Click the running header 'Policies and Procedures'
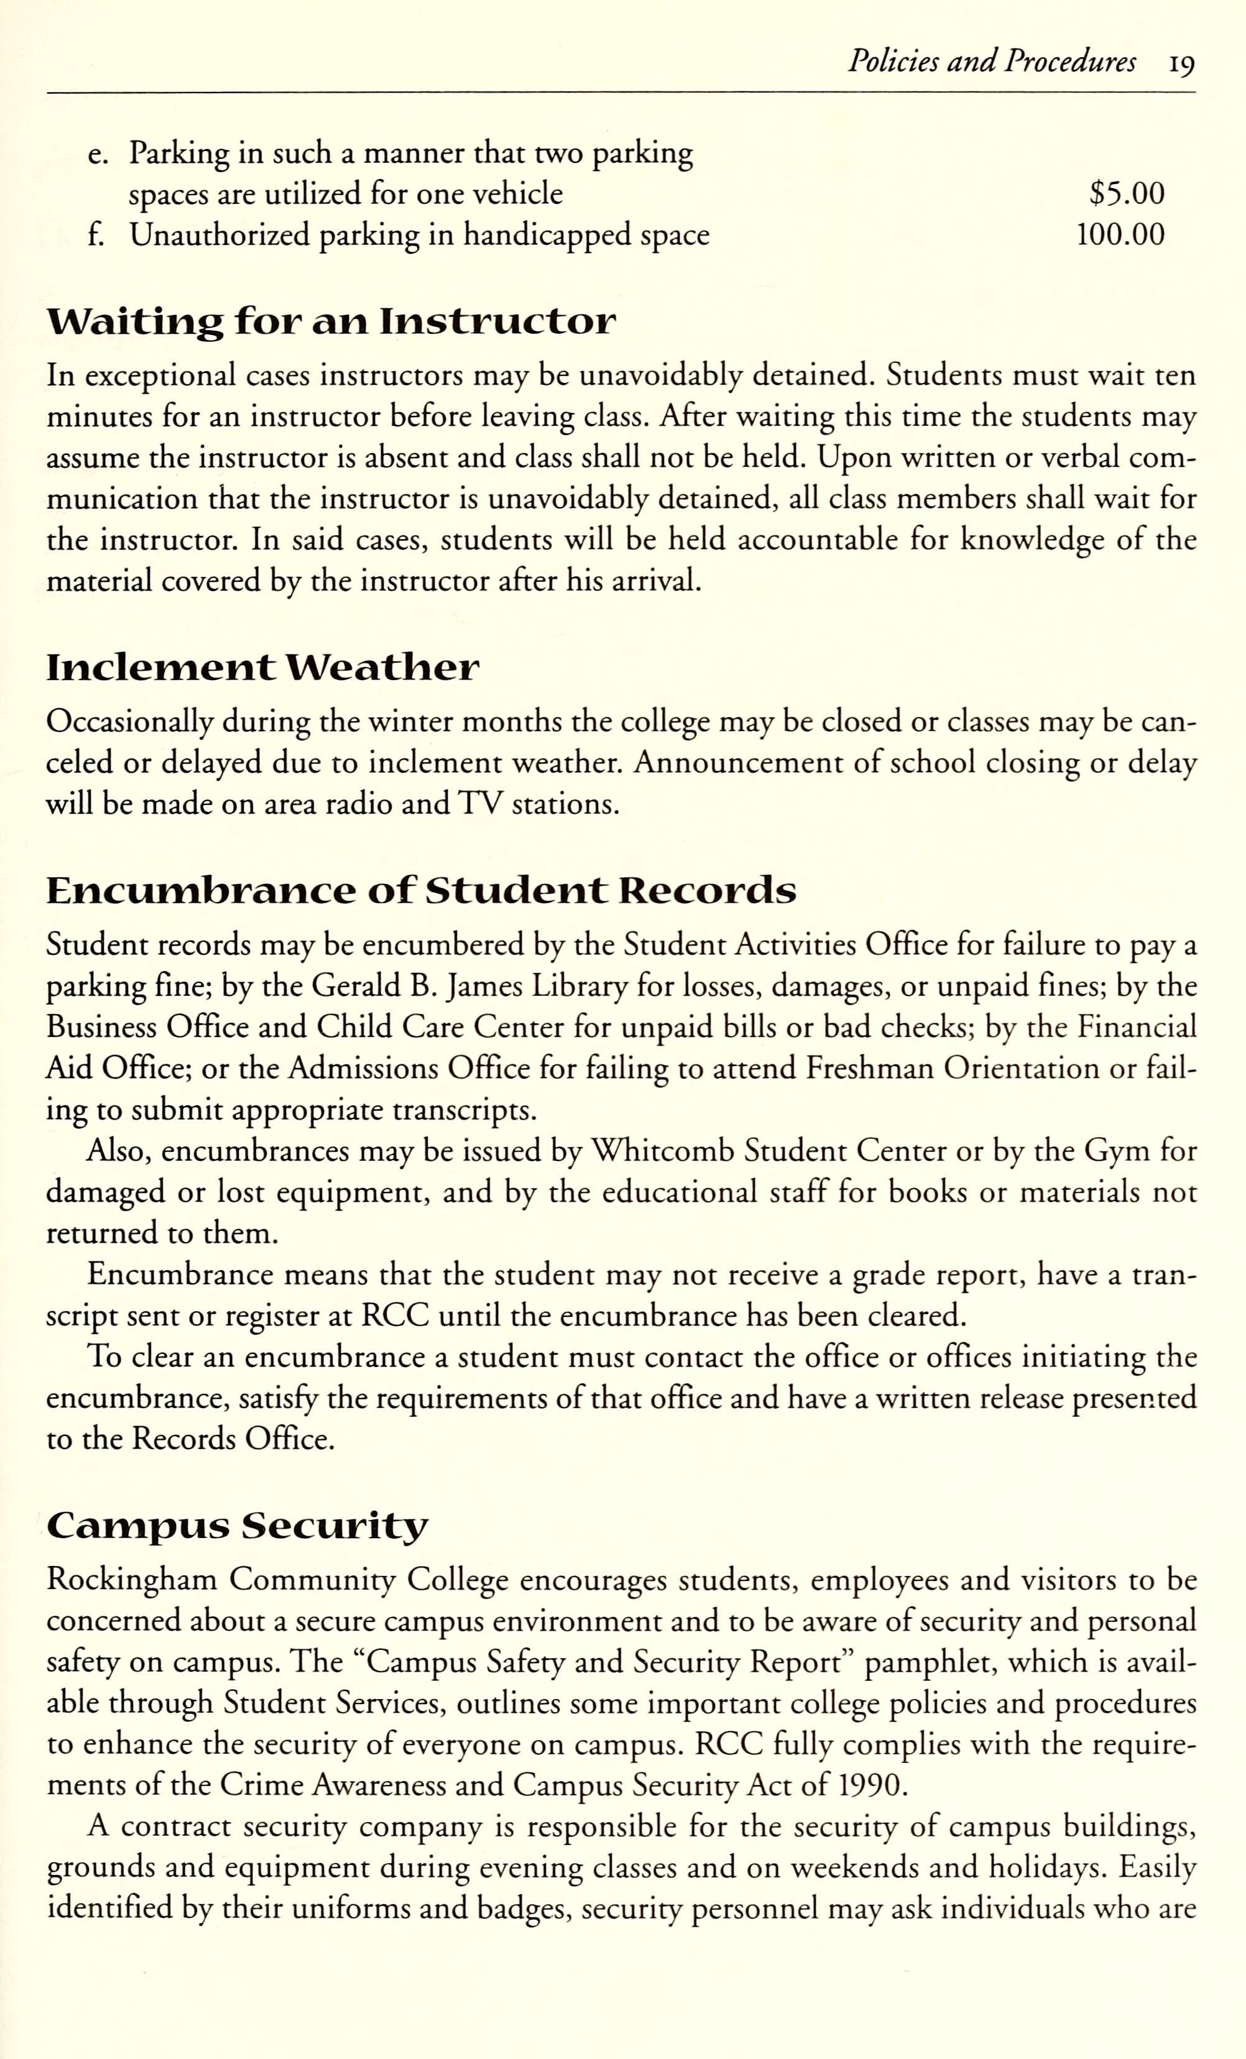991,62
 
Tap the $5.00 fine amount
1127,194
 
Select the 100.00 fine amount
1120,236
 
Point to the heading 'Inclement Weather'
262,668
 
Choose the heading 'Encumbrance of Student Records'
421,891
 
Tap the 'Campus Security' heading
238,1527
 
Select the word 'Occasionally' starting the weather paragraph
129,722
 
